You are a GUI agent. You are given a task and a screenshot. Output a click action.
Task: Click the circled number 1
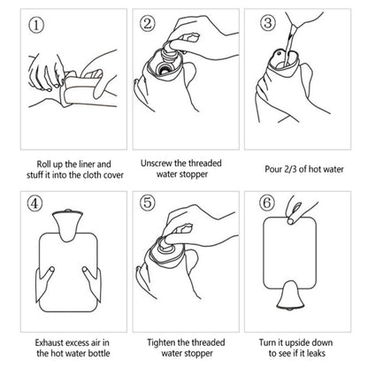(37, 25)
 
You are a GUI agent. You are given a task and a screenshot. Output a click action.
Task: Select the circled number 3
(269, 24)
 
